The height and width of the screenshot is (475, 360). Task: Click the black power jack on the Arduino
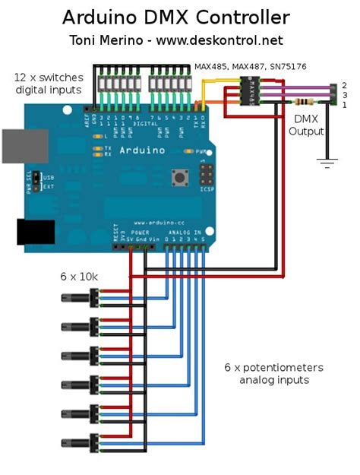[x=34, y=232]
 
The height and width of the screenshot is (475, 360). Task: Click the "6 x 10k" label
[x=80, y=277]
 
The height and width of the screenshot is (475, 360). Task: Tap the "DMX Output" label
[x=308, y=125]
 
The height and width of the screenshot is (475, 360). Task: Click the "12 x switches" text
[x=48, y=77]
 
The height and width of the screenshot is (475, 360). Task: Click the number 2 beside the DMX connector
[x=344, y=85]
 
